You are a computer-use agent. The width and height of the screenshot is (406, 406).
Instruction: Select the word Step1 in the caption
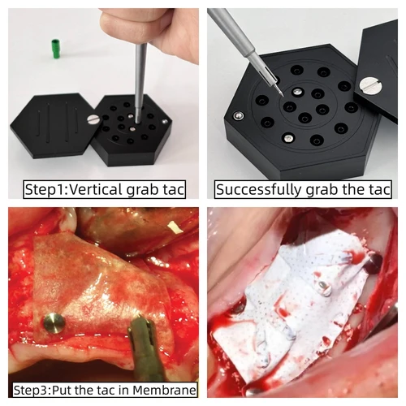pos(42,190)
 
